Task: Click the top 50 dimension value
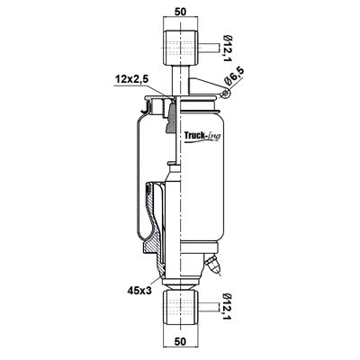click(180, 12)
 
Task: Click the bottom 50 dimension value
click(180, 341)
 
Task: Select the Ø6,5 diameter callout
click(236, 76)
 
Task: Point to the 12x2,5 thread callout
click(132, 80)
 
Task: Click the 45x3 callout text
click(139, 290)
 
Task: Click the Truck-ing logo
click(202, 137)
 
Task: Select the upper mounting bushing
click(180, 48)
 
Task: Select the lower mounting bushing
click(180, 307)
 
